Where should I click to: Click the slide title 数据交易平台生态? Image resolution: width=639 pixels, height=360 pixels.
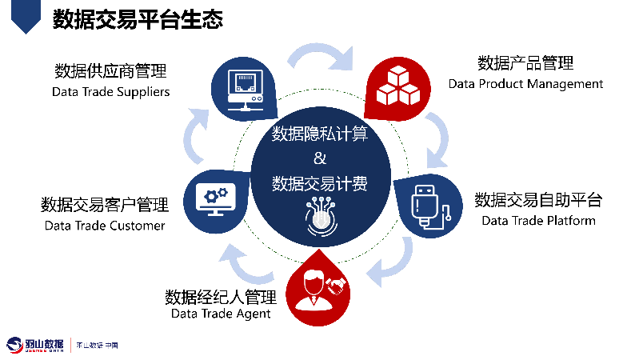138,19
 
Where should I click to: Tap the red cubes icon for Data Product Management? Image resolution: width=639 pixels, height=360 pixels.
397,84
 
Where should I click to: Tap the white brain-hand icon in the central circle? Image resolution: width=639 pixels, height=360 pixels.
320,215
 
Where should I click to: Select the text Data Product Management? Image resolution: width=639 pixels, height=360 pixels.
525,83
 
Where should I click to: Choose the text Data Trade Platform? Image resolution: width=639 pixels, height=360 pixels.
538,220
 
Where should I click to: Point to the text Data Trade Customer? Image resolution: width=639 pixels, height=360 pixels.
105,225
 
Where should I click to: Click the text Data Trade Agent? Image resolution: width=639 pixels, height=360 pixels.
221,314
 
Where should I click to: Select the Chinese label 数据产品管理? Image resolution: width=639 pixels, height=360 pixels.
525,63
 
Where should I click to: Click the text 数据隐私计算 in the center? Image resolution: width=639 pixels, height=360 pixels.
320,133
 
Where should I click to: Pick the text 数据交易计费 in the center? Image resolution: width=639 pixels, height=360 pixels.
320,183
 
